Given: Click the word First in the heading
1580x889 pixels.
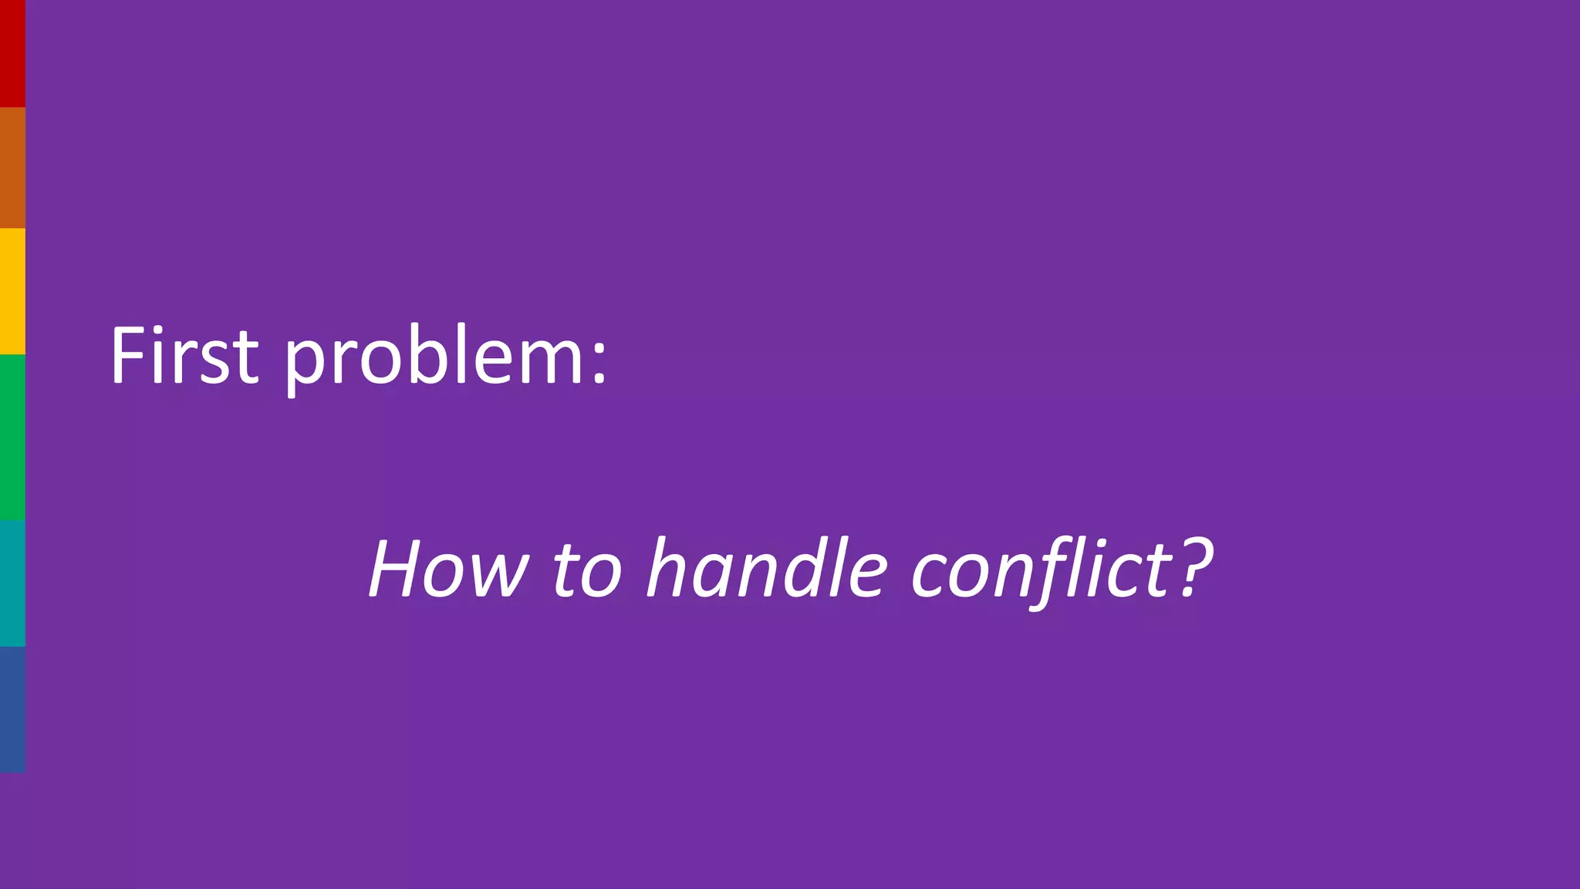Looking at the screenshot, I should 184,356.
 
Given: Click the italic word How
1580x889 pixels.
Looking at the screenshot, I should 448,570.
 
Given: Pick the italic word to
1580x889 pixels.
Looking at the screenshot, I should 586,571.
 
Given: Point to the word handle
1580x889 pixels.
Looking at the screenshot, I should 767,569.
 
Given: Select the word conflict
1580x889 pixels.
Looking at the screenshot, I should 1042,570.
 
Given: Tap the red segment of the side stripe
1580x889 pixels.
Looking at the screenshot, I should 12,53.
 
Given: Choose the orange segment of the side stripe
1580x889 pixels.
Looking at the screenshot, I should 12,167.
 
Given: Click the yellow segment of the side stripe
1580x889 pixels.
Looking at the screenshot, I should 12,291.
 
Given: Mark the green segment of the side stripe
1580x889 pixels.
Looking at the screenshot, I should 12,437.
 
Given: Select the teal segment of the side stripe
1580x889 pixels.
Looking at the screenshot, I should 12,583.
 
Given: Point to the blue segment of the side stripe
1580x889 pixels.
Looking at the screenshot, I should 12,709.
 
